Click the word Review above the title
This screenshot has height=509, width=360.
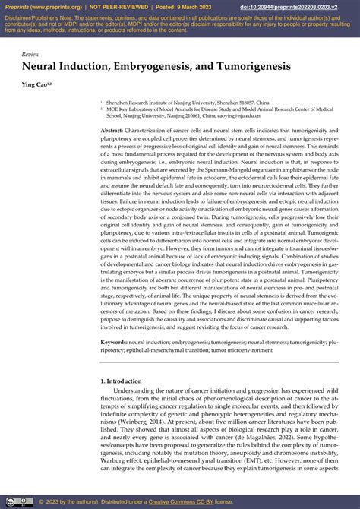(30, 54)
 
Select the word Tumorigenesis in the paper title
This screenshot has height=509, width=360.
(253, 67)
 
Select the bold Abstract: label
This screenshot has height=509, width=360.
(116, 131)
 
